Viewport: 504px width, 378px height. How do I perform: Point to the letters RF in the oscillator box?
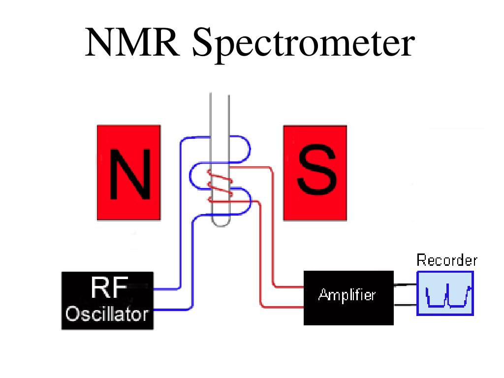[109, 288]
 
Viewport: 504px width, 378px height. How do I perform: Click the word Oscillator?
[107, 314]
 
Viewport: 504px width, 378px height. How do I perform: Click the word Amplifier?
[347, 295]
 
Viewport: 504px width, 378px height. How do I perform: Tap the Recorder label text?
[447, 260]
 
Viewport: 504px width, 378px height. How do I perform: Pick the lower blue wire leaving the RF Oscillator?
[172, 309]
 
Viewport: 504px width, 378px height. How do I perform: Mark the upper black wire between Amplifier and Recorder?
[405, 285]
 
